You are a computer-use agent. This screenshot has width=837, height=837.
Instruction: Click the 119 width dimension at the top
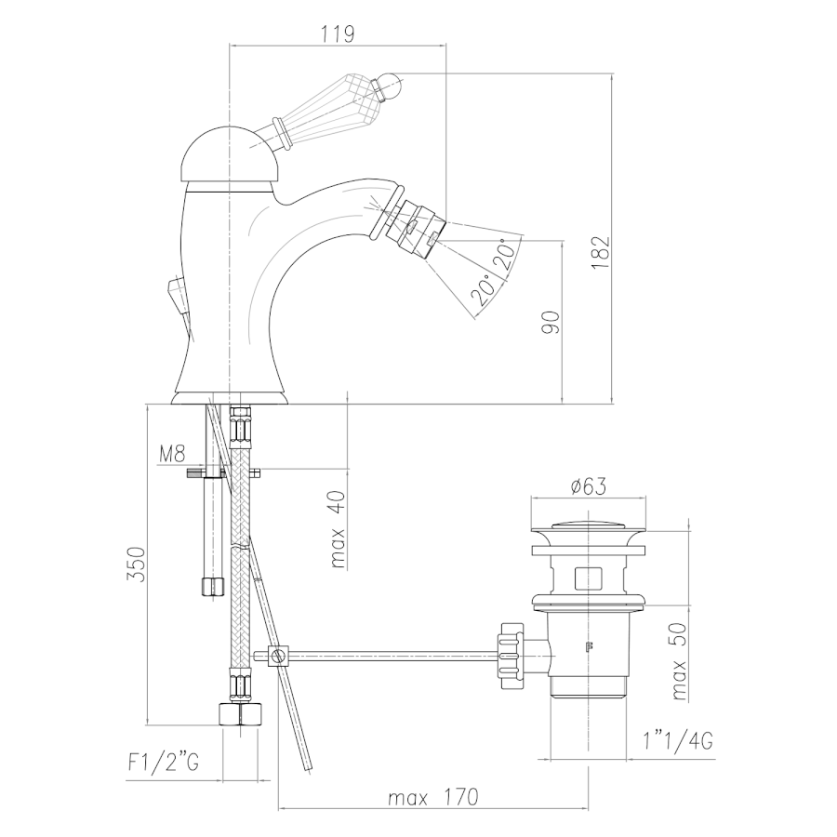pyautogui.click(x=338, y=34)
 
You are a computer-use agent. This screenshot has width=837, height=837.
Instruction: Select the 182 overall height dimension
pyautogui.click(x=601, y=252)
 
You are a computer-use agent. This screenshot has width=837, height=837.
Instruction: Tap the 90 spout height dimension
pyautogui.click(x=551, y=323)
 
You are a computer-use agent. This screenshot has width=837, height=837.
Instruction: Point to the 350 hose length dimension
pyautogui.click(x=136, y=565)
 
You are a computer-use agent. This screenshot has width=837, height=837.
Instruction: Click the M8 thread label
pyautogui.click(x=172, y=454)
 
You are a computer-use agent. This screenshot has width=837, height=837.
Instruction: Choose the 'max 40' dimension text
pyautogui.click(x=338, y=529)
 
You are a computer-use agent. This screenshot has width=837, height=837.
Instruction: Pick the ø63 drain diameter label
pyautogui.click(x=588, y=485)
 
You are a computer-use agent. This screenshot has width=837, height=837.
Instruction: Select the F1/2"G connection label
pyautogui.click(x=164, y=763)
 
